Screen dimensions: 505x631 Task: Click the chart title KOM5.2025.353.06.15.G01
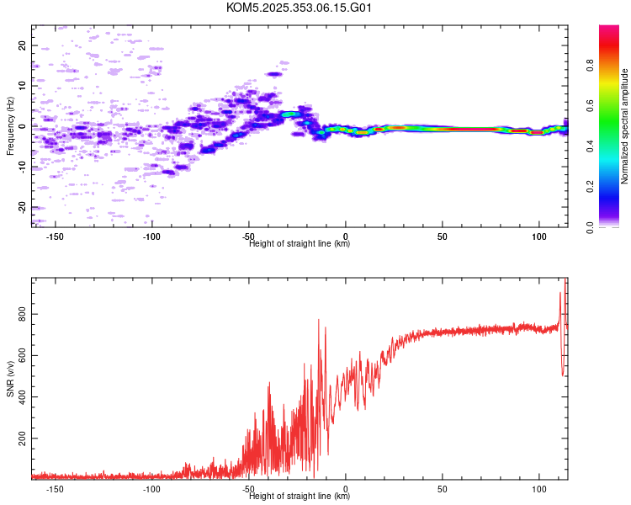pyautogui.click(x=300, y=8)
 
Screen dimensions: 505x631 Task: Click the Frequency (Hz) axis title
pyautogui.click(x=10, y=126)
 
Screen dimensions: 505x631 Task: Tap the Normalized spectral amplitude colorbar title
pyautogui.click(x=625, y=126)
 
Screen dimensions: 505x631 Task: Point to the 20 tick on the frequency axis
pyautogui.click(x=23, y=45)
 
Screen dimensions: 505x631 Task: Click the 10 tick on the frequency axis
pyautogui.click(x=23, y=86)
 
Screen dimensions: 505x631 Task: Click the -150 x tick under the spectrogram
pyautogui.click(x=55, y=237)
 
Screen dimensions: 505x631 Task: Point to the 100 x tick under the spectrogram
pyautogui.click(x=539, y=237)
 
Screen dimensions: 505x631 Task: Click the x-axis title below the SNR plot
pyautogui.click(x=300, y=497)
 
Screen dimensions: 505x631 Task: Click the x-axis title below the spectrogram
pyautogui.click(x=300, y=244)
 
